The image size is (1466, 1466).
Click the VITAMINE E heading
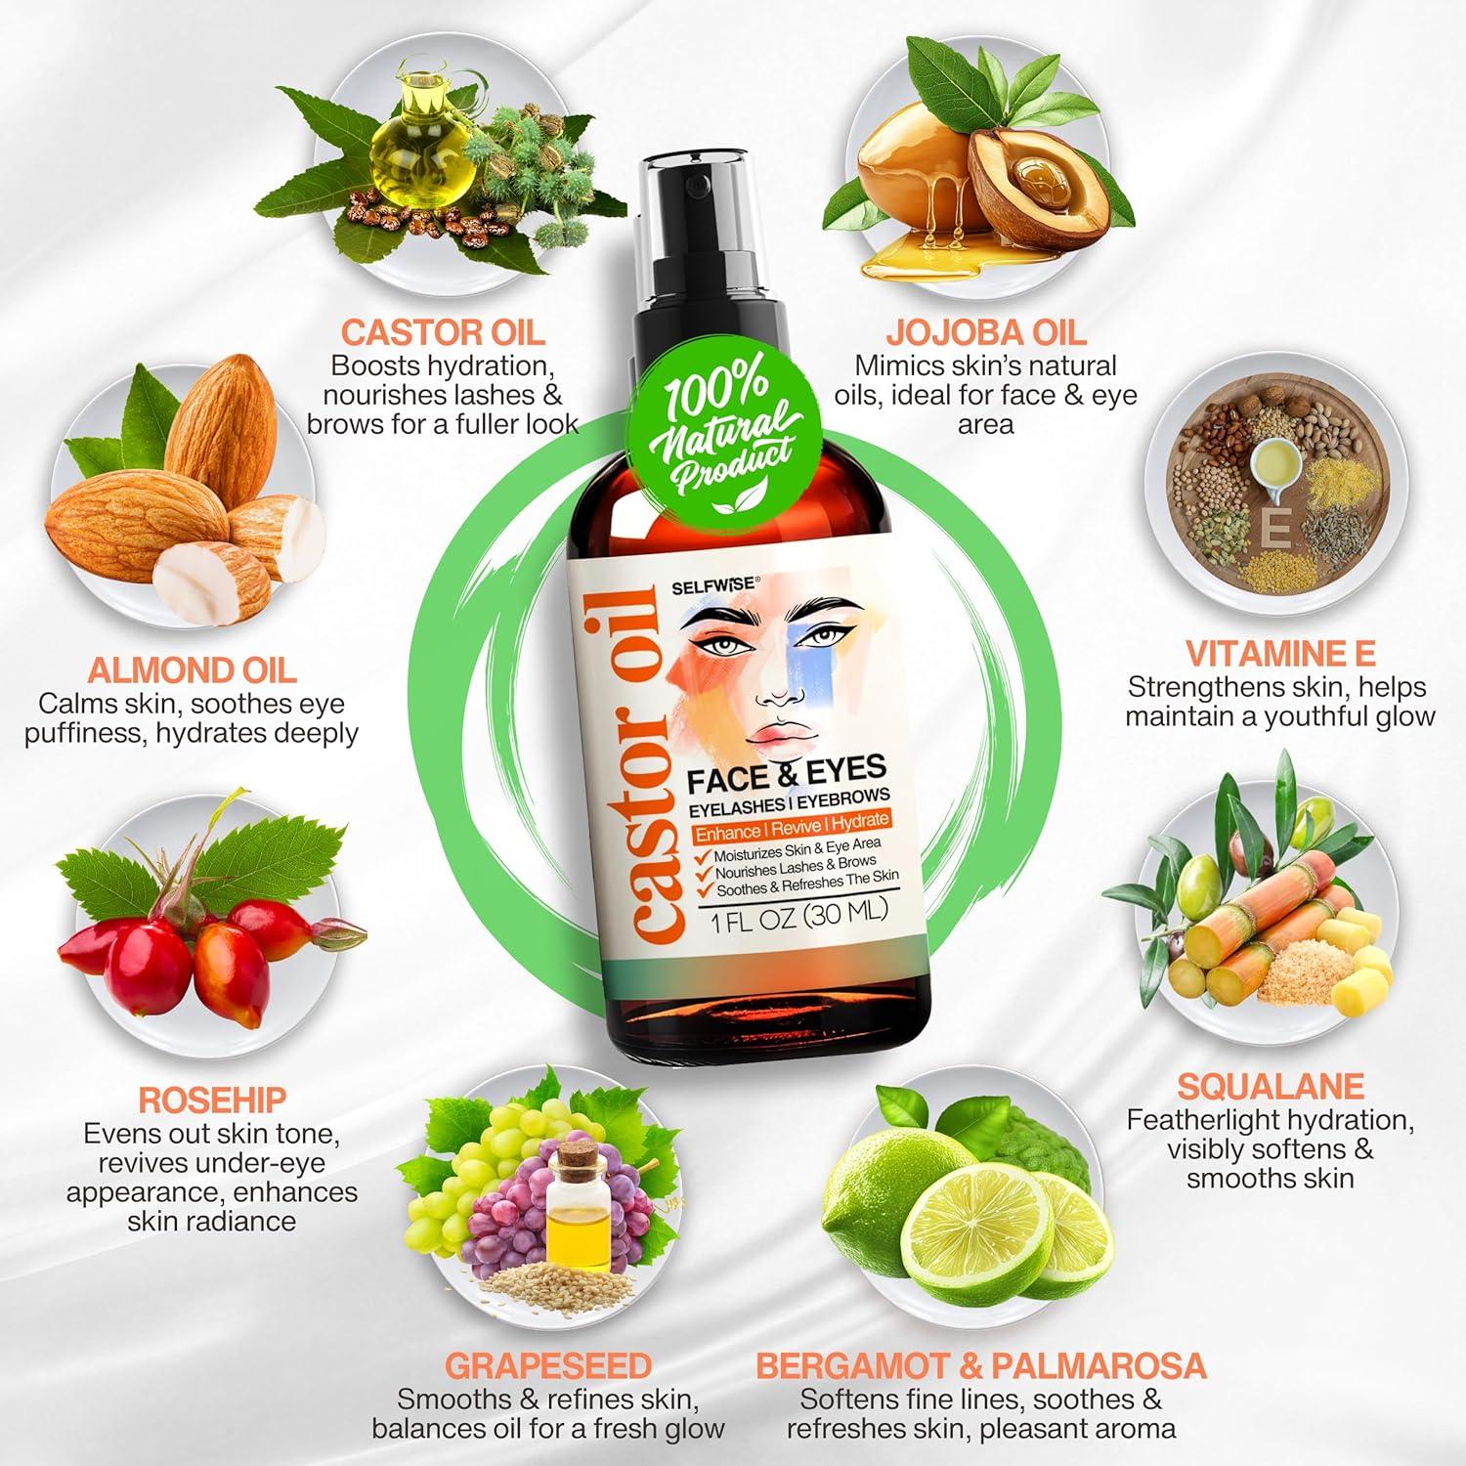click(1280, 653)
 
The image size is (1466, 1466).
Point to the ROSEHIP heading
click(212, 1099)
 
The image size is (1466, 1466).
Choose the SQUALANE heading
click(1271, 1086)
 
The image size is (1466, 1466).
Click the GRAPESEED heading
click(547, 1364)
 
